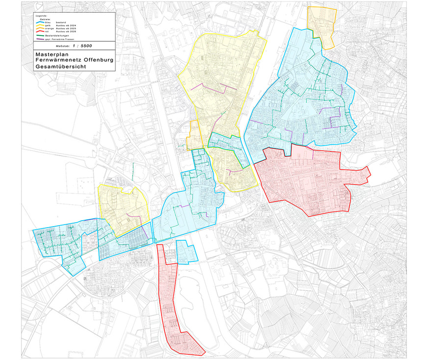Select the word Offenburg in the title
point(99,60)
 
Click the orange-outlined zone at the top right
point(321,25)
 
